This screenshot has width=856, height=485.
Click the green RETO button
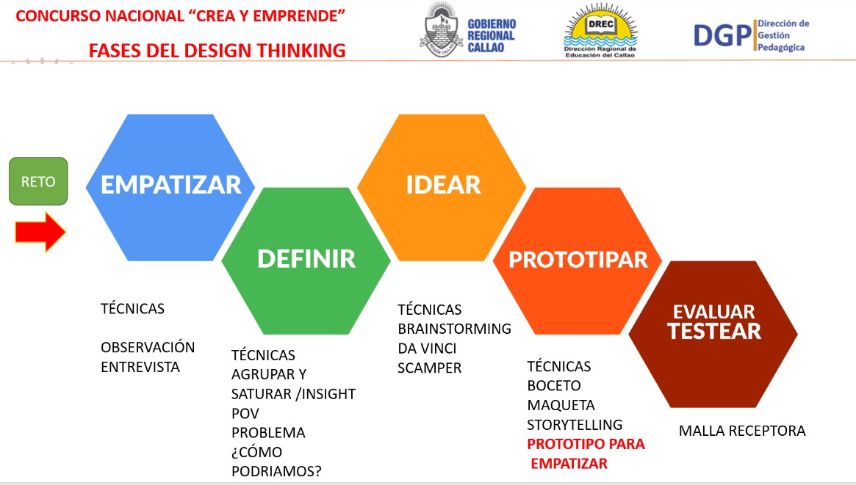(38, 181)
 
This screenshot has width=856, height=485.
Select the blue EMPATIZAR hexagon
(170, 187)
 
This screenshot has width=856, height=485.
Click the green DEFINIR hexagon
(306, 261)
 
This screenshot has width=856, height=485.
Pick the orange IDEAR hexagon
(442, 187)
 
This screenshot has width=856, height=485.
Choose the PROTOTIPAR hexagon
(578, 261)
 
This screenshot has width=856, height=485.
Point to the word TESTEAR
(714, 332)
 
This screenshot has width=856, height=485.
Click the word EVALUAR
(714, 312)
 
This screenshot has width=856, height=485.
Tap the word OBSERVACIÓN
(148, 347)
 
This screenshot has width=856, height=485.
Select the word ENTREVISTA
(140, 368)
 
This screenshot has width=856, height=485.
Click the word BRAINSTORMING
(455, 329)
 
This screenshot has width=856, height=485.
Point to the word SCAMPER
(430, 368)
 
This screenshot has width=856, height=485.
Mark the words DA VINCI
(427, 349)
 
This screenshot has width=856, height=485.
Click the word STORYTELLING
(575, 425)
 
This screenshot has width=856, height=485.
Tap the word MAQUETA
(561, 406)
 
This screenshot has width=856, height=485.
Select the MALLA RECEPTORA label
(742, 431)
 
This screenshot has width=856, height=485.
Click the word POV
(245, 414)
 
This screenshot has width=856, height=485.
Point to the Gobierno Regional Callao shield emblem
(441, 30)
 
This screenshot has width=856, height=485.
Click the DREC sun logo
(600, 30)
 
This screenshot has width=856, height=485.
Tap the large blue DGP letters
(723, 36)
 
